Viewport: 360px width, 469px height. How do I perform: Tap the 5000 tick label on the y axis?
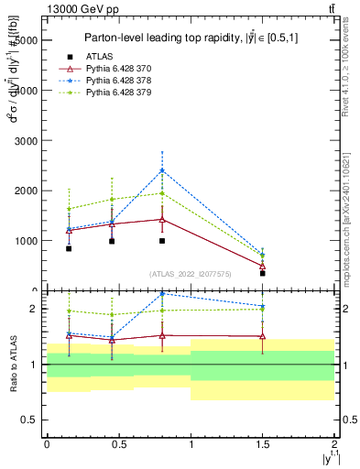24,41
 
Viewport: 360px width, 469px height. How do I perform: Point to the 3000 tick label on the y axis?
24,141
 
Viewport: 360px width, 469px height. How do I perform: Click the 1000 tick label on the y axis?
24,241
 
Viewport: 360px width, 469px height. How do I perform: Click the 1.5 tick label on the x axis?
262,443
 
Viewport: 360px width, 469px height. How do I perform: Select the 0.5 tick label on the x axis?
118,443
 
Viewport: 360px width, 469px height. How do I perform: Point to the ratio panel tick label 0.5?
29,420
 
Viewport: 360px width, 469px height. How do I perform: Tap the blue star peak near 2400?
162,170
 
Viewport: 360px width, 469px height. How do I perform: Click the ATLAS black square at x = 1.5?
262,273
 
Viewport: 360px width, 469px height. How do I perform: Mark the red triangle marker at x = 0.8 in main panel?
162,220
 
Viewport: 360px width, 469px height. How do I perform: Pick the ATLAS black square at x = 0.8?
162,241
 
